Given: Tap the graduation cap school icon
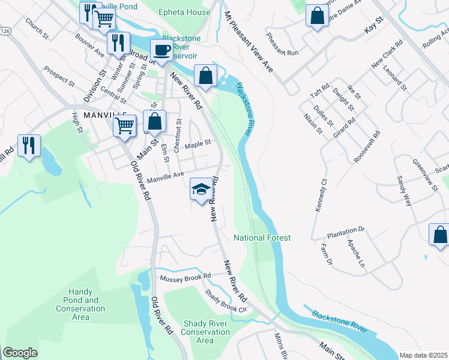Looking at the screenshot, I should pyautogui.click(x=200, y=190).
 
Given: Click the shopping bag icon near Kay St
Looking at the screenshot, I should pyautogui.click(x=316, y=16).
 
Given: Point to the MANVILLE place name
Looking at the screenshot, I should pyautogui.click(x=105, y=114).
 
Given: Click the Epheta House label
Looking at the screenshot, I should pyautogui.click(x=184, y=12).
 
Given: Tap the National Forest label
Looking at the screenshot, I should pyautogui.click(x=262, y=238).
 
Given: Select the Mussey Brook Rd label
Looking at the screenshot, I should pyautogui.click(x=185, y=278).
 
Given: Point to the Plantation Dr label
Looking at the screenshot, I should pyautogui.click(x=346, y=230).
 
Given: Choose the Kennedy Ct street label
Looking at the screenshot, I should pyautogui.click(x=320, y=194).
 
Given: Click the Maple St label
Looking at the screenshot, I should pyautogui.click(x=198, y=144).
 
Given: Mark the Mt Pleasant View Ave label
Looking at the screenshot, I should pyautogui.click(x=249, y=41).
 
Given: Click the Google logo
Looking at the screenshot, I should pyautogui.click(x=20, y=353).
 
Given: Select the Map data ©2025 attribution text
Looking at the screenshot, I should pyautogui.click(x=423, y=355).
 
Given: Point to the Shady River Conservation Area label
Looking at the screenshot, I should pyautogui.click(x=205, y=332).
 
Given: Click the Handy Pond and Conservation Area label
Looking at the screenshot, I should pyautogui.click(x=80, y=304).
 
